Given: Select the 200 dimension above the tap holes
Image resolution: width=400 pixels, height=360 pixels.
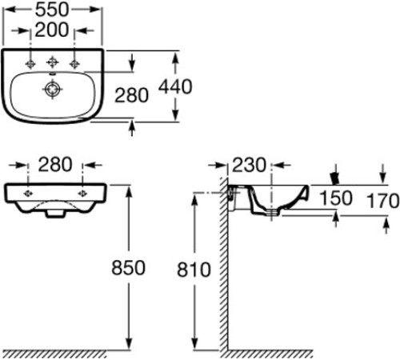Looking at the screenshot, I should pyautogui.click(x=54, y=30).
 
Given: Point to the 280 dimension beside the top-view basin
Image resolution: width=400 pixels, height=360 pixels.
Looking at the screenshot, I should pyautogui.click(x=132, y=95).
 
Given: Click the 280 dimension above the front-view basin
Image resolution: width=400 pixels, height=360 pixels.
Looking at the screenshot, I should pyautogui.click(x=54, y=166).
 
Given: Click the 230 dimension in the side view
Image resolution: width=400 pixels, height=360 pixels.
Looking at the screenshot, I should pyautogui.click(x=250, y=166).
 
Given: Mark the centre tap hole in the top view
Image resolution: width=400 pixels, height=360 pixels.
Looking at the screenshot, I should pyautogui.click(x=54, y=62).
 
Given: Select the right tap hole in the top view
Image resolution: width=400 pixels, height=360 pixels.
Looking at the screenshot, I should pyautogui.click(x=75, y=62).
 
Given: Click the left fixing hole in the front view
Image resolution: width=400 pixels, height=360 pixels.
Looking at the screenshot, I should pyautogui.click(x=28, y=194).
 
